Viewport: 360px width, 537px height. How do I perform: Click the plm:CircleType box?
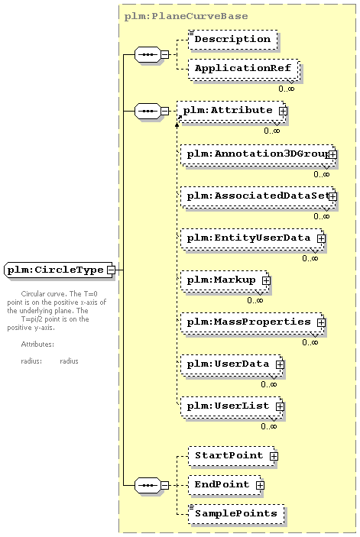60,270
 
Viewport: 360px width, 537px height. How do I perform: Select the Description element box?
232,40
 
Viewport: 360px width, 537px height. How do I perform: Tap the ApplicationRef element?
244,69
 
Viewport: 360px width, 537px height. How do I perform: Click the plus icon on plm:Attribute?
283,111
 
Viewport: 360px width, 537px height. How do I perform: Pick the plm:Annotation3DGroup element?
258,155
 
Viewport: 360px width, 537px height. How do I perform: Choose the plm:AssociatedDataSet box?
258,197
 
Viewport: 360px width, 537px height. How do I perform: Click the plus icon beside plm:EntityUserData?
321,238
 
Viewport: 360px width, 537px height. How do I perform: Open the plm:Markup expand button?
266,280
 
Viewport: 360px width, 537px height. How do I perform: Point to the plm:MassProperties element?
252,322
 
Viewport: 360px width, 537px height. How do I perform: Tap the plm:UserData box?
232,364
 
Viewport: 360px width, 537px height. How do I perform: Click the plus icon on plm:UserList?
280,406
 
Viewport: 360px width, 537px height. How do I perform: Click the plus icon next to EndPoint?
260,485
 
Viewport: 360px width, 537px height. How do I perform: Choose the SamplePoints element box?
236,514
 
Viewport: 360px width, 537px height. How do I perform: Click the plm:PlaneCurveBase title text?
186,16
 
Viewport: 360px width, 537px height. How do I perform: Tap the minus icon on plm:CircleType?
111,270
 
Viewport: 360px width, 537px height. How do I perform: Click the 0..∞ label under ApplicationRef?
287,89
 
